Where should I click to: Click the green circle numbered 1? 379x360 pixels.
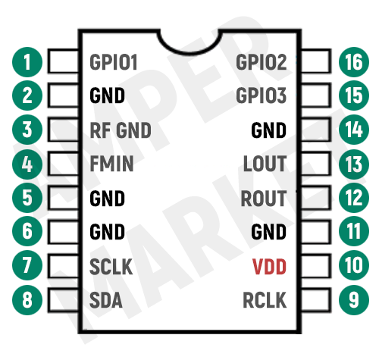(x=28, y=62)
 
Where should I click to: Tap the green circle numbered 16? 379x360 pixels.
(x=351, y=62)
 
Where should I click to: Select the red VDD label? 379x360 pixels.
(x=269, y=267)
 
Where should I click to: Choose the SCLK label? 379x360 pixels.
(x=111, y=267)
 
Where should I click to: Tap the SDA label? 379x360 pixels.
(x=106, y=301)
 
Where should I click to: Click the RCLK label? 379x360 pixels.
(x=265, y=301)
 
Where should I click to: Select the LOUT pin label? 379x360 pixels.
(x=265, y=164)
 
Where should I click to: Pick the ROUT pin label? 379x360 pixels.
(x=264, y=199)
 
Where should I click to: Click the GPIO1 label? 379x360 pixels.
(x=114, y=62)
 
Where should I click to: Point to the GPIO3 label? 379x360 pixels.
(x=262, y=96)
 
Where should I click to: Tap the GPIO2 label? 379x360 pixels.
(x=262, y=62)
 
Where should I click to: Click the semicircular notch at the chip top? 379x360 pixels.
(x=189, y=42)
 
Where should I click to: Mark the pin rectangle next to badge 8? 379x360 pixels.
(x=64, y=301)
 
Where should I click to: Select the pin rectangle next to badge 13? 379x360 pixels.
(x=315, y=164)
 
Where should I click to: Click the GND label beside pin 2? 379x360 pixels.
(x=107, y=96)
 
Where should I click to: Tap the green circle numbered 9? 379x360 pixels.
(x=351, y=301)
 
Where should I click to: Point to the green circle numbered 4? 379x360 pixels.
(x=28, y=164)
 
